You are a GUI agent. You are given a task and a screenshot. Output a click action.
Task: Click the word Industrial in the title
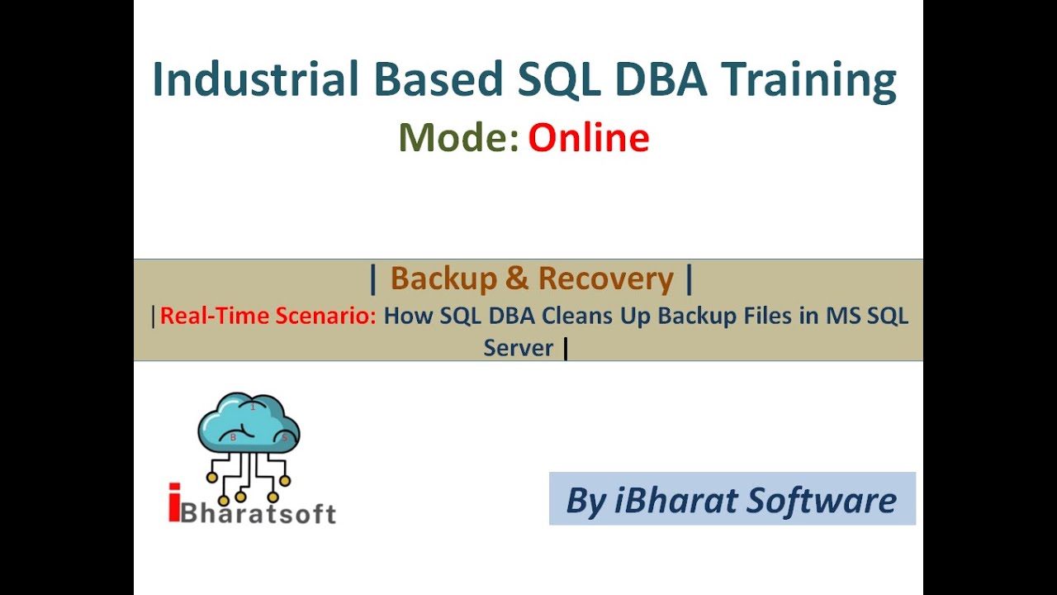255,80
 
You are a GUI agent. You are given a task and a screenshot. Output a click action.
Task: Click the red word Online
589,137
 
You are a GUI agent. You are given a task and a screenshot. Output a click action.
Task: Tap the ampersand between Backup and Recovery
517,279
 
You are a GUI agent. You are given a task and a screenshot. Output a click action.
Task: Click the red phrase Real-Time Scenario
268,316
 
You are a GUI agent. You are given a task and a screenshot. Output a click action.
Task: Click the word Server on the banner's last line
518,348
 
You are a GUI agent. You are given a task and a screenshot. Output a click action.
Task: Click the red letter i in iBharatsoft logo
173,503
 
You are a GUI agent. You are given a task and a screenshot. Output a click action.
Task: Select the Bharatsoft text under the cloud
258,512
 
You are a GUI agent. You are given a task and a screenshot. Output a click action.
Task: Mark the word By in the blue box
585,501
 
